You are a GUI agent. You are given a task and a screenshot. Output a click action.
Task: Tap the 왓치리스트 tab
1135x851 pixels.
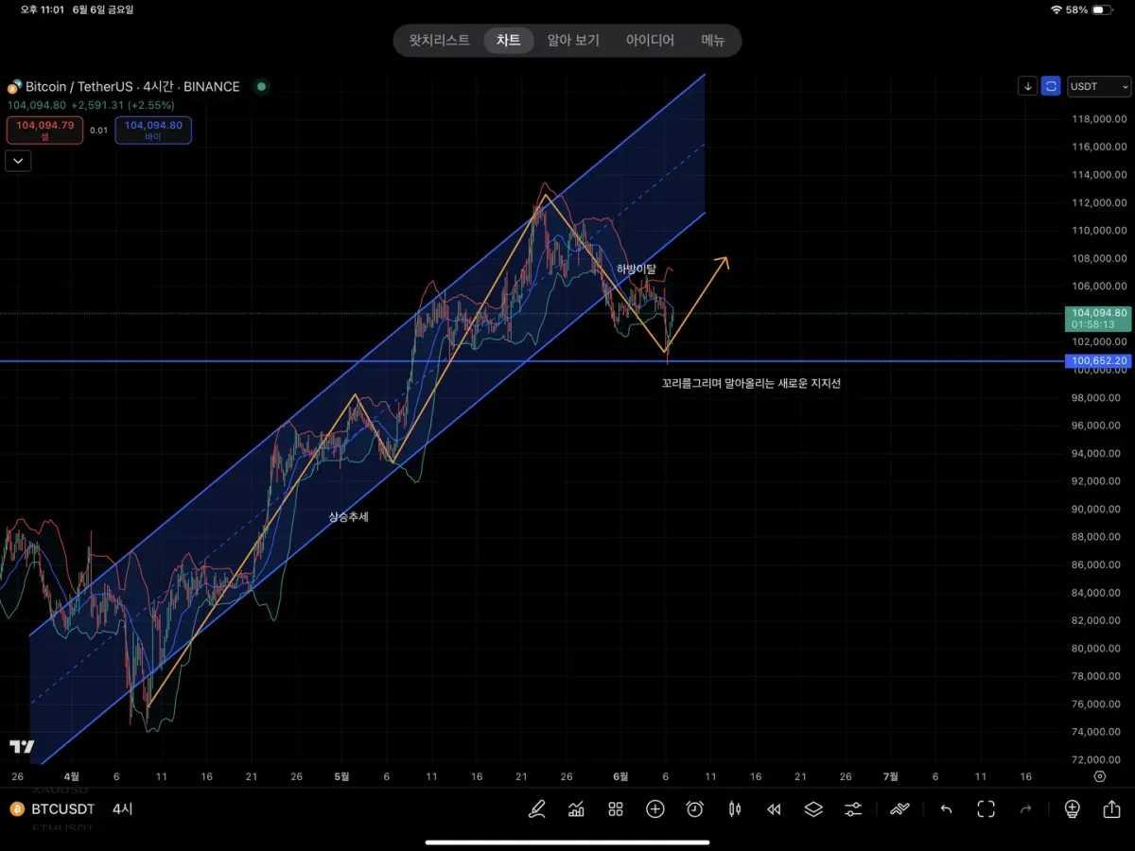coord(439,41)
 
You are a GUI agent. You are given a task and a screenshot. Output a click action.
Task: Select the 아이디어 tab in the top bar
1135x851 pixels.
coord(650,41)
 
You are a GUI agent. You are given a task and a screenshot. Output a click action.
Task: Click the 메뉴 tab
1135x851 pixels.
coord(712,41)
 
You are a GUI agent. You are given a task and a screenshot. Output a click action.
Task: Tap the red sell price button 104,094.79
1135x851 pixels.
coord(44,130)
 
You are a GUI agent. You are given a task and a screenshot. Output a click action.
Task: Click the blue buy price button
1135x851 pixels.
coord(153,130)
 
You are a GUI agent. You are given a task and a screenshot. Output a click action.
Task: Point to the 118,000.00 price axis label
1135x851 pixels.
coord(1098,119)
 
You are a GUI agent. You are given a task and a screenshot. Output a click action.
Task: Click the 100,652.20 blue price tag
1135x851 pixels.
coord(1097,360)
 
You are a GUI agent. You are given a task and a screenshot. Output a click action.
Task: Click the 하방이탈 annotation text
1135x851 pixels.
coord(636,269)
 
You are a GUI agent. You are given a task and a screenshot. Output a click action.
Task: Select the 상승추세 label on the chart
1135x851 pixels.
coord(348,517)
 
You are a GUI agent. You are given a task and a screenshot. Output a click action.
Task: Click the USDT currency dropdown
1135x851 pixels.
coord(1098,86)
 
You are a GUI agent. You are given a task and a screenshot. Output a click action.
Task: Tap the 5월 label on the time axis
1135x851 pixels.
coord(341,776)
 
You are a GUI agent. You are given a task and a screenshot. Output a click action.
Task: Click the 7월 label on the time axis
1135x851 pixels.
coord(890,776)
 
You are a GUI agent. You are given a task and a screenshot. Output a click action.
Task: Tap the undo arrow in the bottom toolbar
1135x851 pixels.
coord(946,809)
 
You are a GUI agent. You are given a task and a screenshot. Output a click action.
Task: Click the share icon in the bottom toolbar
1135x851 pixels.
coord(1111,809)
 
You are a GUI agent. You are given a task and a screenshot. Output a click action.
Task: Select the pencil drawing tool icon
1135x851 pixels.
coord(537,809)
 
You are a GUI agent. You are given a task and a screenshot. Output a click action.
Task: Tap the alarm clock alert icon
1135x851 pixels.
coord(695,809)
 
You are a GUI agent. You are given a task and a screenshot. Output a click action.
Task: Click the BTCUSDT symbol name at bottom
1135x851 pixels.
coord(63,809)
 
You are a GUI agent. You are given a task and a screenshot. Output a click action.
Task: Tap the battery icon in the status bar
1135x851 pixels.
coord(1103,9)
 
